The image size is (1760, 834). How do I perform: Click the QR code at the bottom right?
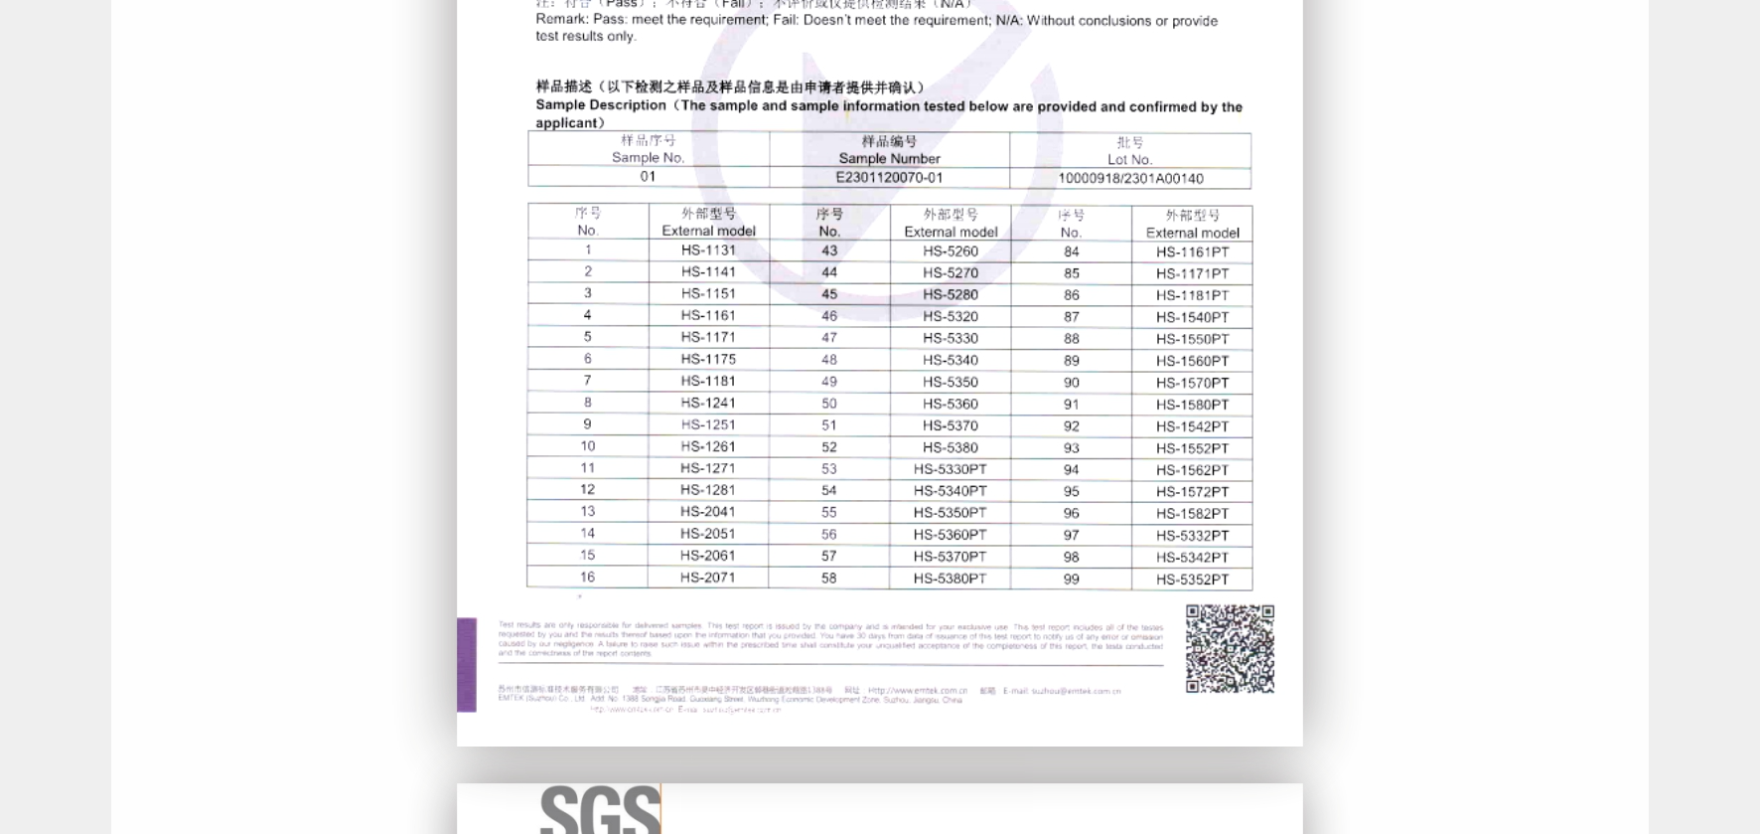coord(1230,649)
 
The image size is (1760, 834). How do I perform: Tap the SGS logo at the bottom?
coord(601,809)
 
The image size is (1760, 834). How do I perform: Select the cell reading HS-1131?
coord(708,250)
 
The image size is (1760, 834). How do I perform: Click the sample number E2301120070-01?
coord(889,178)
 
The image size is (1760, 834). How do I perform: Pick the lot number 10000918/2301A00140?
coord(1130,179)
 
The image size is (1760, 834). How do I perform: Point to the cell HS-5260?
coord(951,251)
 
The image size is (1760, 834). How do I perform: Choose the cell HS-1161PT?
coord(1192,252)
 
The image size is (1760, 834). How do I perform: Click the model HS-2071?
coord(708,578)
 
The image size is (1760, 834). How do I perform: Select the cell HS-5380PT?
coord(951,579)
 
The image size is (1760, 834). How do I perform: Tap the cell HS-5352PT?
coord(1192,580)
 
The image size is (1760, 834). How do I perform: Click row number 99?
coord(1071,580)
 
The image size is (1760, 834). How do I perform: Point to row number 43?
coord(829,251)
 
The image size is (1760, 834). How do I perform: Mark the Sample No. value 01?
coord(648,177)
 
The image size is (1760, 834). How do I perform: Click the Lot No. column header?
coord(1130,151)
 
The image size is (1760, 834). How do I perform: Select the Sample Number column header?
coord(889,150)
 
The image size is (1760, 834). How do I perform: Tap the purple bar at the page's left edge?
coord(467,665)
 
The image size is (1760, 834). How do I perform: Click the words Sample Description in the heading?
coord(601,105)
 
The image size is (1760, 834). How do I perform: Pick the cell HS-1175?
coord(708,359)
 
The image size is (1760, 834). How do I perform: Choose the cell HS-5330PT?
coord(951,469)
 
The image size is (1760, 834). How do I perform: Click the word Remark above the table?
coord(561,20)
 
